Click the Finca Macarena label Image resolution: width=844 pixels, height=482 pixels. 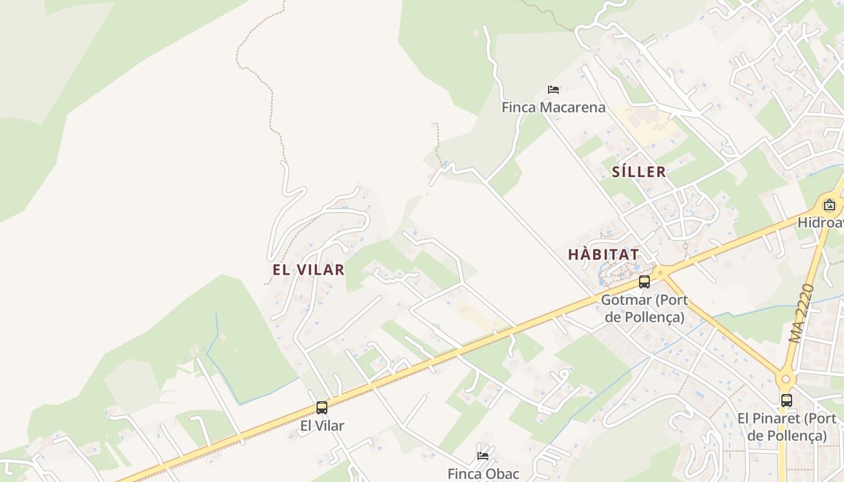[x=553, y=108]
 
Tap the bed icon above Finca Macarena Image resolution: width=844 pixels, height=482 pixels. [x=553, y=90]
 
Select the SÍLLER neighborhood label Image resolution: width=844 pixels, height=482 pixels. [x=639, y=172]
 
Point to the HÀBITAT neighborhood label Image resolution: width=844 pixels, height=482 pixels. [x=603, y=254]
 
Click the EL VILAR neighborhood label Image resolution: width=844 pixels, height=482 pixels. [x=309, y=270]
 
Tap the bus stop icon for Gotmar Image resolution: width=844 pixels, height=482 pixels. [x=644, y=282]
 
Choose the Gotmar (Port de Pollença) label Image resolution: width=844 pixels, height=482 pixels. [x=644, y=308]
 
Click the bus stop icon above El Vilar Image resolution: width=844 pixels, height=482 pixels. [x=322, y=408]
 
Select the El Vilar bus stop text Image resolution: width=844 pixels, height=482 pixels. [x=322, y=426]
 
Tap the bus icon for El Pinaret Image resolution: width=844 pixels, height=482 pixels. [x=787, y=401]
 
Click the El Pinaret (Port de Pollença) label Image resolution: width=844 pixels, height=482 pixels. [x=787, y=427]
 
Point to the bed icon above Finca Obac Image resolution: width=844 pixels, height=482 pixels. [x=483, y=456]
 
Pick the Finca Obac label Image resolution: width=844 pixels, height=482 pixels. [x=483, y=474]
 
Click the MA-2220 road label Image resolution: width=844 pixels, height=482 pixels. [x=802, y=313]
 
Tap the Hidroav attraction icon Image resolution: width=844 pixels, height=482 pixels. [x=830, y=205]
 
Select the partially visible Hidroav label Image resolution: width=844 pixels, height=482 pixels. [x=821, y=222]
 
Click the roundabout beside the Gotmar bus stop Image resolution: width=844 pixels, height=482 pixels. [x=661, y=272]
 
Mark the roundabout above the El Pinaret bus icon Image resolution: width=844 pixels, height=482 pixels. [x=785, y=380]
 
